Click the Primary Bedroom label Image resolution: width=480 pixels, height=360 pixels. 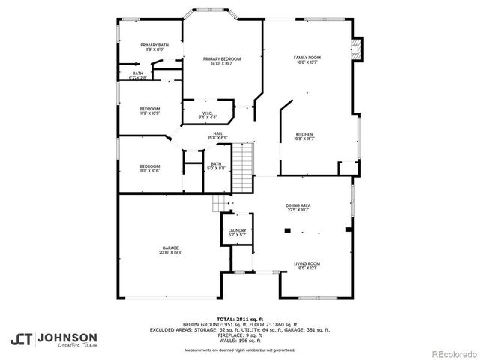point(223,58)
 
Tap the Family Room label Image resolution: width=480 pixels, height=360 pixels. point(307,58)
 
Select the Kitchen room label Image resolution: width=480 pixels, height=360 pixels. point(304,133)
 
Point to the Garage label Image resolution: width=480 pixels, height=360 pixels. point(170,247)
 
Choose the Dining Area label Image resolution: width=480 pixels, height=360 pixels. point(298,205)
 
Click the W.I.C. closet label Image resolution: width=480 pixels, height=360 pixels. point(208,114)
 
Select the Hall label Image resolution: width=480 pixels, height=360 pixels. point(217,133)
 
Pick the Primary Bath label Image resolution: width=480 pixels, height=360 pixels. point(154,46)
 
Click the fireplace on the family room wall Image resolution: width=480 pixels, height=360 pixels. point(357,50)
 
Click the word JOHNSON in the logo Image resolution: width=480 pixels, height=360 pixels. point(67,337)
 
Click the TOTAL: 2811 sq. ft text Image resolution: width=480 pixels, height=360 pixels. point(240,318)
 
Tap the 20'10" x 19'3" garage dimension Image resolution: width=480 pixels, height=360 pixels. point(170,253)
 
